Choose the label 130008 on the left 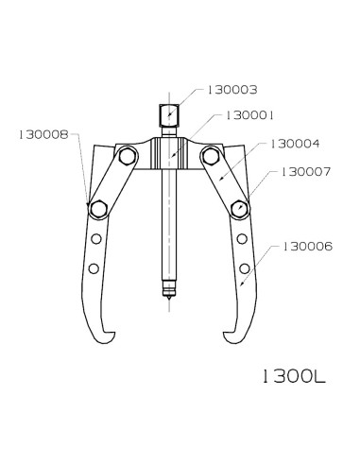pos(43,135)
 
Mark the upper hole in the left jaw pos(94,240)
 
